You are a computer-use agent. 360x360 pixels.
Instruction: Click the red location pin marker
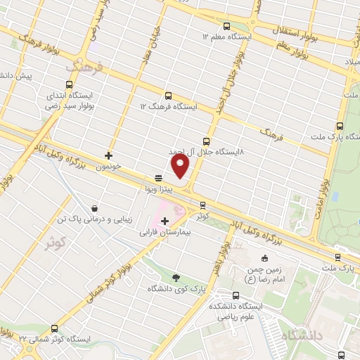[x=181, y=167]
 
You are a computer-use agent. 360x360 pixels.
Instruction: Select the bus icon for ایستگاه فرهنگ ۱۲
[x=168, y=96]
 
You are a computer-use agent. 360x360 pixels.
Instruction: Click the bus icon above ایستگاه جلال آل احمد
[x=206, y=141]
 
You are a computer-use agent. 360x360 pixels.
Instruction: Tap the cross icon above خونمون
[x=108, y=155]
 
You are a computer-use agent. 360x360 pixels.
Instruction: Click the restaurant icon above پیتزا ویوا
[x=159, y=178]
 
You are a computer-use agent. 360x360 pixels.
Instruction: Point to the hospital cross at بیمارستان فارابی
[x=165, y=221]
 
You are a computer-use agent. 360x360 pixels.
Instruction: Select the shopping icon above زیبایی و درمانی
[x=94, y=208]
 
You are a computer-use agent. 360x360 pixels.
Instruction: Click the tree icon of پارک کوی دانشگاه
[x=175, y=278]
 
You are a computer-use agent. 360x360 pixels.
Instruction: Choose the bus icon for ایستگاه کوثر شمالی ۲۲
[x=55, y=328]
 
